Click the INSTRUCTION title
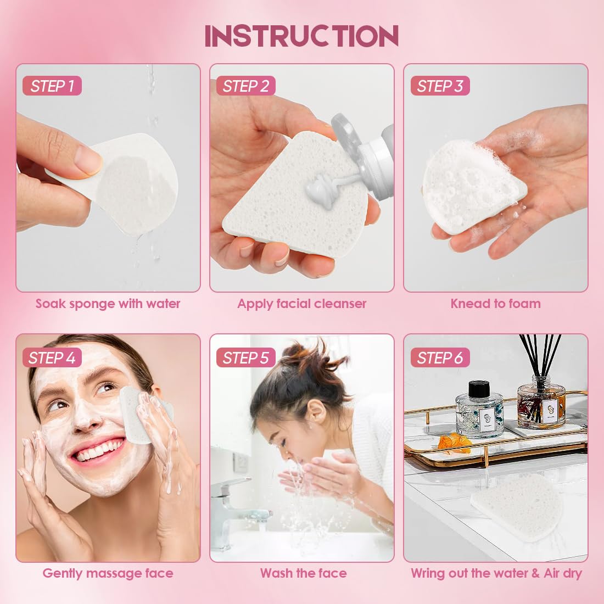(x=301, y=36)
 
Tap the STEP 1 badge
(x=52, y=86)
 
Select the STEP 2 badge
(x=246, y=86)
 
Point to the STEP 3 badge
(x=440, y=86)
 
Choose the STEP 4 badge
(x=52, y=358)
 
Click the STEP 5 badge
(x=246, y=358)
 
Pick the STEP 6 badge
(x=440, y=358)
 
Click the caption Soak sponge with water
(x=108, y=304)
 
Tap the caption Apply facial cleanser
(x=301, y=304)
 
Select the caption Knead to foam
(x=495, y=304)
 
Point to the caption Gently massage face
(x=108, y=573)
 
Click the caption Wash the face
(x=303, y=573)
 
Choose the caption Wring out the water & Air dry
(x=496, y=573)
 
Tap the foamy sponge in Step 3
(x=472, y=184)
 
